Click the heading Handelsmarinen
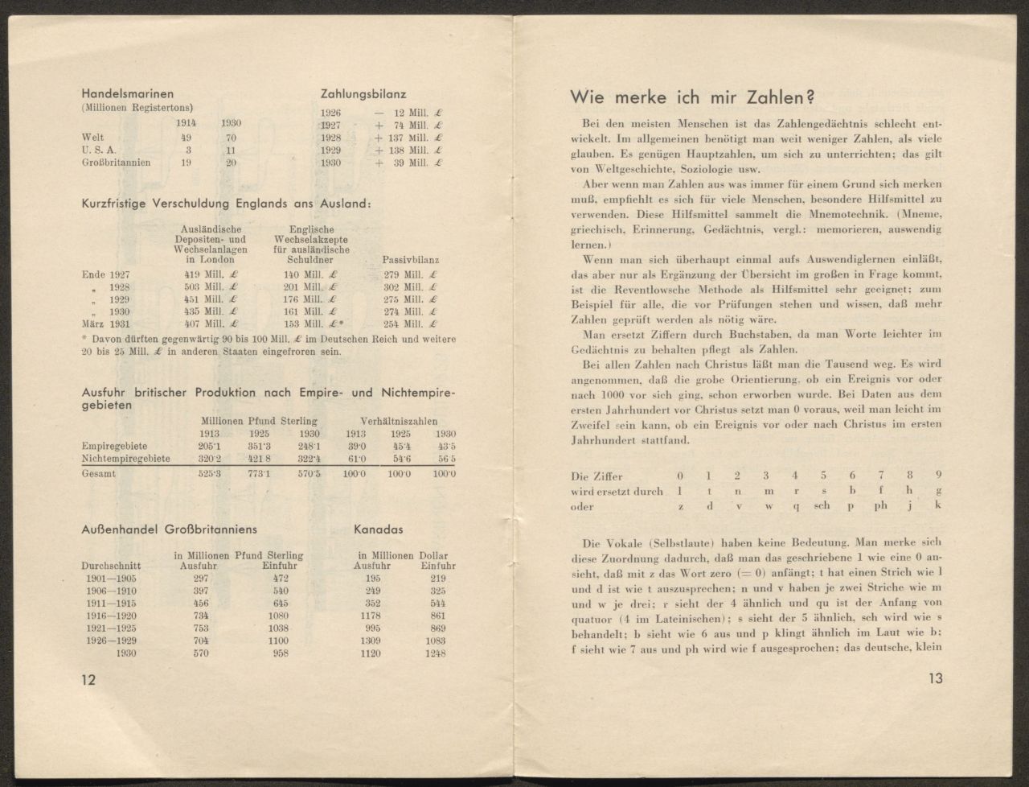(x=128, y=94)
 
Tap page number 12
(x=88, y=679)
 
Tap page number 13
(x=934, y=678)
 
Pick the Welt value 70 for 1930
(x=231, y=138)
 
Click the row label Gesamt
(x=99, y=474)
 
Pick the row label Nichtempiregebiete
(x=126, y=458)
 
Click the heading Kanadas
(x=379, y=530)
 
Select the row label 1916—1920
(x=110, y=616)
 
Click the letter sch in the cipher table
(x=822, y=506)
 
